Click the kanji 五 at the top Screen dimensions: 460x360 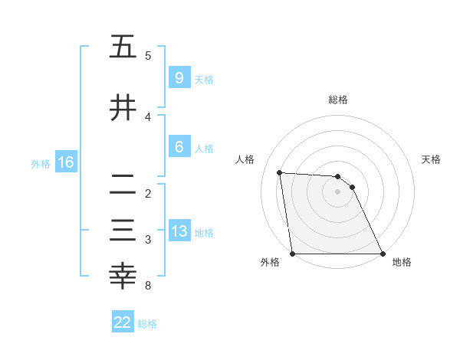click(123, 47)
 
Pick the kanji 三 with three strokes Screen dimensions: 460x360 click(123, 231)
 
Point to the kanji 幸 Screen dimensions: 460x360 click(123, 277)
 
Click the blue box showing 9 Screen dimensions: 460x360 click(179, 78)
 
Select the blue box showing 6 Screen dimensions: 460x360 click(179, 148)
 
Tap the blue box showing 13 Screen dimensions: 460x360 click(179, 231)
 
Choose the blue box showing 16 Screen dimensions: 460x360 click(65, 162)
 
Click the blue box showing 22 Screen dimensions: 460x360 click(123, 322)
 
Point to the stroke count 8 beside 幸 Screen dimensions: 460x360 click(147, 286)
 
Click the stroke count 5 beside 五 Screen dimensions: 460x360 click(147, 56)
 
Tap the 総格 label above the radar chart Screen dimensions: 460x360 click(338, 100)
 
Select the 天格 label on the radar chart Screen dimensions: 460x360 click(432, 159)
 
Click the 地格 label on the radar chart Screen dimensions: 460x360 click(402, 263)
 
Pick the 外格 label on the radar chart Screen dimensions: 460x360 click(271, 263)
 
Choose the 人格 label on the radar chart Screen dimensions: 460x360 click(245, 159)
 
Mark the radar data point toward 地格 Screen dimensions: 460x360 click(382, 254)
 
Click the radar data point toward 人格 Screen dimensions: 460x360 click(280, 173)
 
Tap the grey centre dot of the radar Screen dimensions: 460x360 click(337, 192)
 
